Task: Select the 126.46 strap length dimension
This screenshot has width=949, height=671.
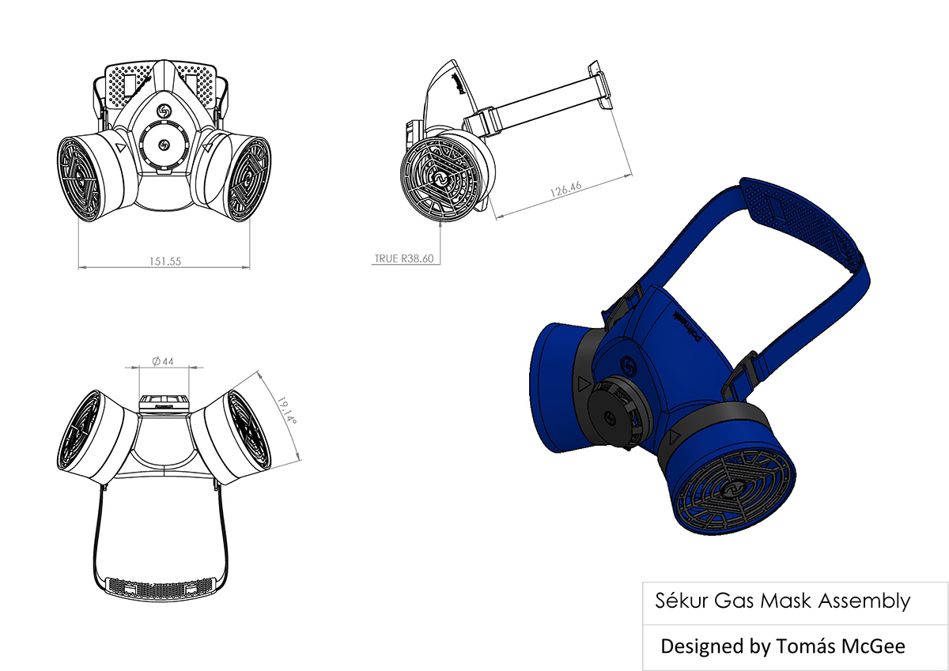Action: coord(562,190)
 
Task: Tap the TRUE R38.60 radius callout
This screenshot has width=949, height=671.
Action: coord(406,258)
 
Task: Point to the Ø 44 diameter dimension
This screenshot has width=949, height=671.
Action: coord(163,360)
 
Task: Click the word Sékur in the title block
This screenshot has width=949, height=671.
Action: coord(682,601)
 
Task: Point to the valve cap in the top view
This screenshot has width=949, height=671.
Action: coord(164,402)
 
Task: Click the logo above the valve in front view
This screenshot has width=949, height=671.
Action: coord(165,109)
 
